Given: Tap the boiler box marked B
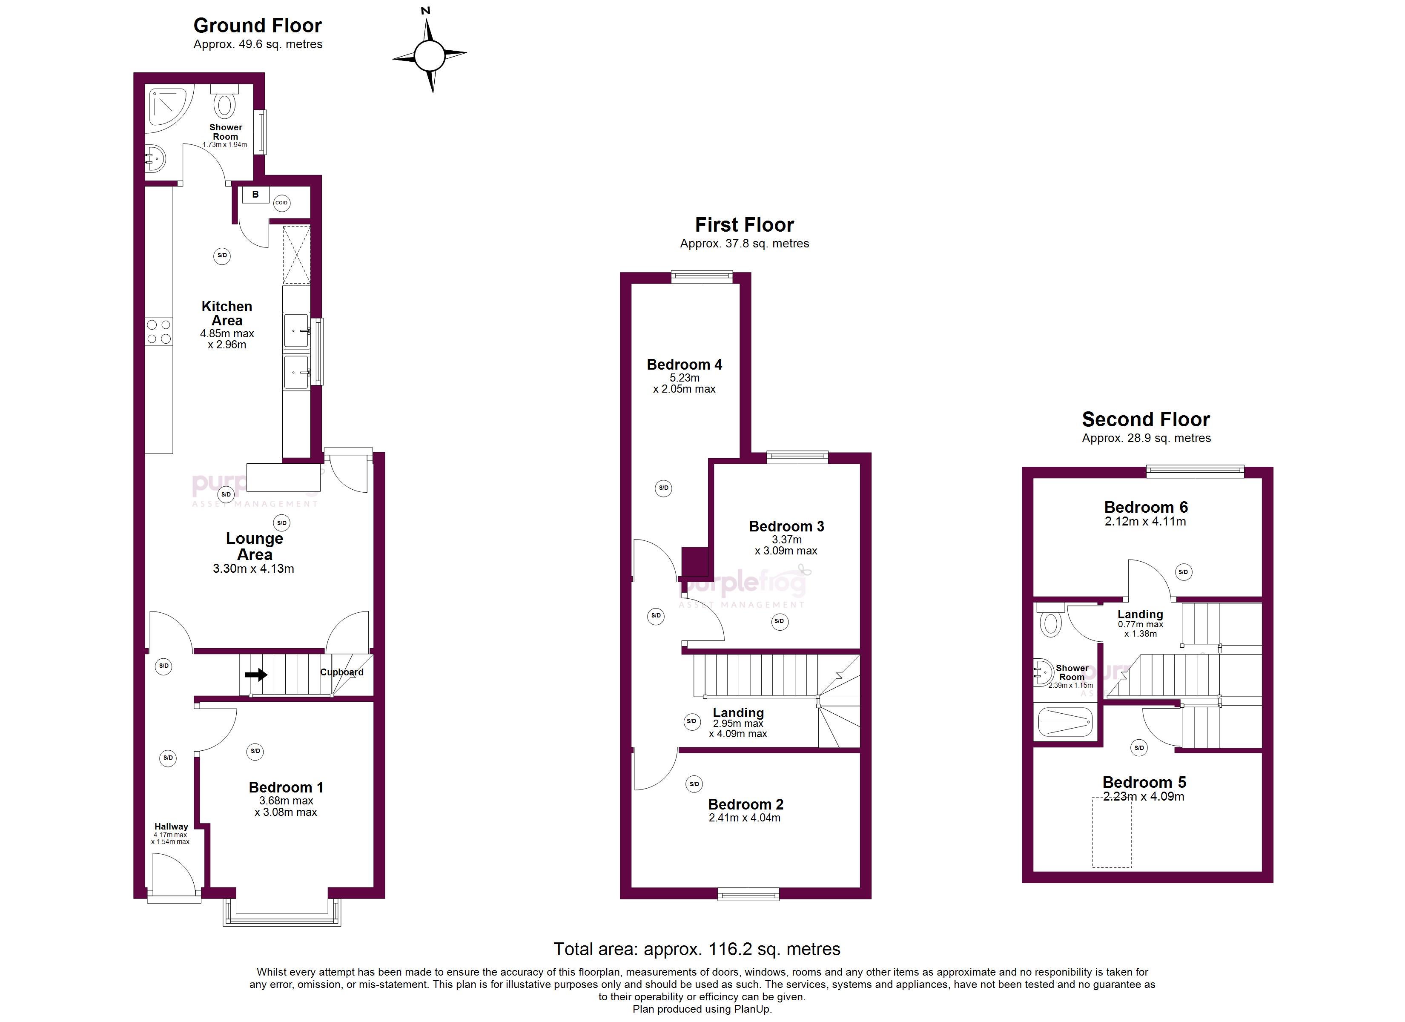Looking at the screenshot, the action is [255, 195].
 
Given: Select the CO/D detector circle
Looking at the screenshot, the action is [281, 203].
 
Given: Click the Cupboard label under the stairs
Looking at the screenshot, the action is [342, 672].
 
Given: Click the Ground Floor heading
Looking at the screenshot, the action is [258, 26].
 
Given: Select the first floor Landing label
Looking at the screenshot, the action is [738, 713].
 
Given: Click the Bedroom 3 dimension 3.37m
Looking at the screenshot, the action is [787, 540].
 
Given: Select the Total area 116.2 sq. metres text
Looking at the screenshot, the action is [697, 950].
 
